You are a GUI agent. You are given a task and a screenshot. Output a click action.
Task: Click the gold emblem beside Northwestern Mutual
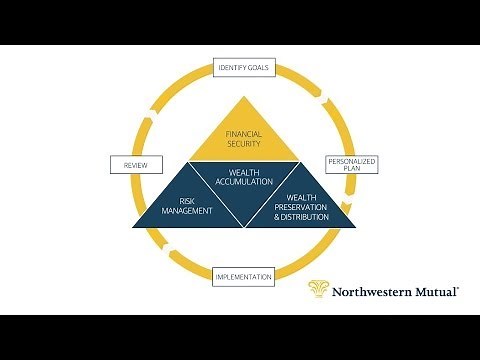pyautogui.click(x=320, y=289)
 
